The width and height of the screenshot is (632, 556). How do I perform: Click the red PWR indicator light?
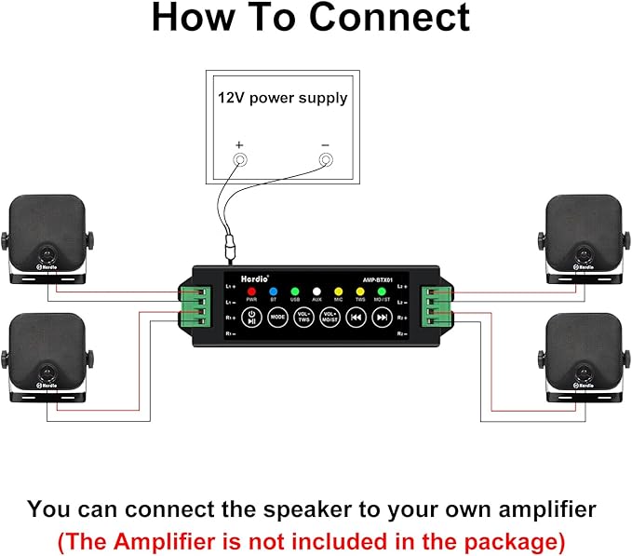(251, 291)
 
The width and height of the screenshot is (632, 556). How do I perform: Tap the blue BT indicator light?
(274, 291)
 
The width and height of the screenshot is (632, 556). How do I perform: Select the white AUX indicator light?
(317, 291)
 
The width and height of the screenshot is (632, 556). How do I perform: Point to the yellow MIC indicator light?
(338, 291)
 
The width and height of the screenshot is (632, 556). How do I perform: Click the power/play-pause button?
(251, 317)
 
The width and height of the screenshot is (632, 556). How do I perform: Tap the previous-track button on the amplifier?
(355, 317)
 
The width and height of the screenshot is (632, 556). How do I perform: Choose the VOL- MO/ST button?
(329, 317)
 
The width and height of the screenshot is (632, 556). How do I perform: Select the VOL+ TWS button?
(303, 317)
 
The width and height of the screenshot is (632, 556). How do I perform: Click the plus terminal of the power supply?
(239, 160)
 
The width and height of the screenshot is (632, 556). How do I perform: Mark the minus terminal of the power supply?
(326, 160)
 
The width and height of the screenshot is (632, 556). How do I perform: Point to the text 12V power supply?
(282, 97)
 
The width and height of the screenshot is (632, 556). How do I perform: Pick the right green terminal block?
(436, 305)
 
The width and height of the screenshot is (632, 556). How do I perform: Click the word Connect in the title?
(391, 19)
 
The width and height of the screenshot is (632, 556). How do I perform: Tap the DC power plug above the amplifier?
(229, 250)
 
